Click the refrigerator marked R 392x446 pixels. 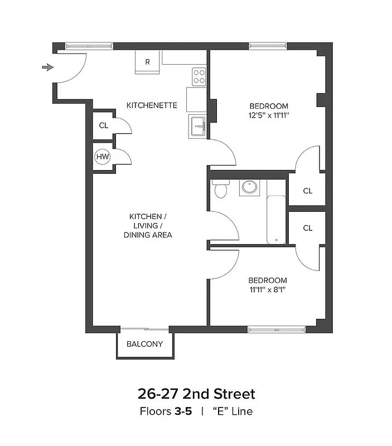point(147,62)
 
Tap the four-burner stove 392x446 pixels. point(199,76)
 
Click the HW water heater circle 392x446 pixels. point(103,157)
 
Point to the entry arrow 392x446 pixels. point(48,67)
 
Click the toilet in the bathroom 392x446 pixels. point(220,189)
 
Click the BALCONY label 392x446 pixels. point(144,344)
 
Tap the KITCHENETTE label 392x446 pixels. point(152,105)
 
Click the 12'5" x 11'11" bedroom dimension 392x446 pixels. point(269,115)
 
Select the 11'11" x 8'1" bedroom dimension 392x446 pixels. point(268,289)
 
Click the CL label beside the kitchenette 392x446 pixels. point(103,125)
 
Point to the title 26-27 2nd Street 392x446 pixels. point(196,394)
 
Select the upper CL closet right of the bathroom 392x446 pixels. point(307,191)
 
